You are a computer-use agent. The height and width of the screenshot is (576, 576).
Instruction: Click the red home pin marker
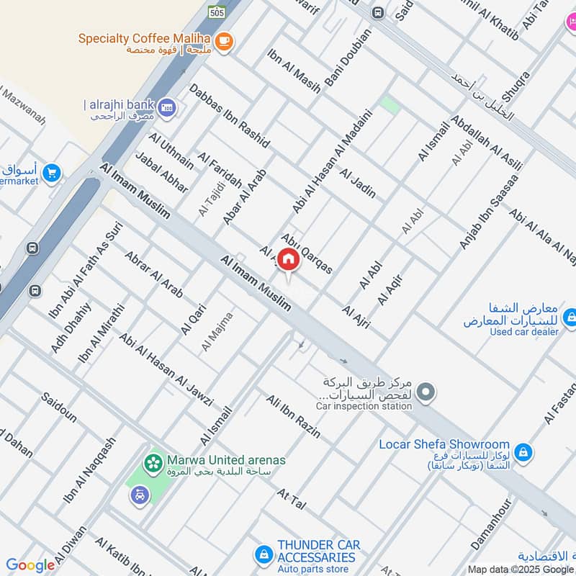pos(288,260)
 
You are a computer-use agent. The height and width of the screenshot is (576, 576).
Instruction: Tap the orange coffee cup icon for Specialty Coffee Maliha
pos(224,41)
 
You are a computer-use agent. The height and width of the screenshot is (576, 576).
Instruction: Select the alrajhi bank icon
pos(167,107)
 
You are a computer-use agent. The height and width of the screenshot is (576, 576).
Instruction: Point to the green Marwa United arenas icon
pos(153,462)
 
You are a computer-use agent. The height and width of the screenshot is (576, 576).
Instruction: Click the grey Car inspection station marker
pos(426,392)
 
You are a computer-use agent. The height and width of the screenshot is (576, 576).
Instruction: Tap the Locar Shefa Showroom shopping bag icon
pos(525,451)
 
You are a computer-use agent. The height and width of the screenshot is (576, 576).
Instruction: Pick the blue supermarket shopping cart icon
pos(51,173)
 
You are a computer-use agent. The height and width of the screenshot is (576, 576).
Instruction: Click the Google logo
pos(30,565)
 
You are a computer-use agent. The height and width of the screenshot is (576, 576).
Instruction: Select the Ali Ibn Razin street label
pos(293,417)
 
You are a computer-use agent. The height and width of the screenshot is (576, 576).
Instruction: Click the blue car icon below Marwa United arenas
pos(140,495)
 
